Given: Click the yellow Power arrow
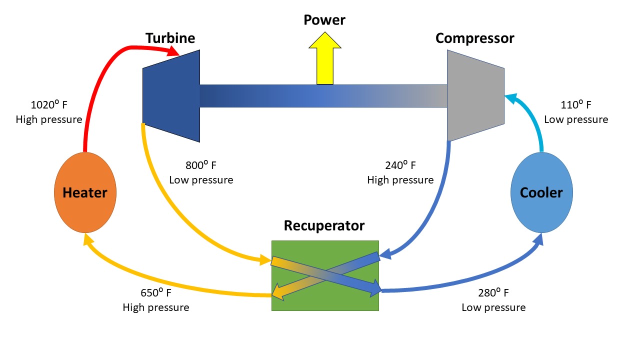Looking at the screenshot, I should [x=325, y=57].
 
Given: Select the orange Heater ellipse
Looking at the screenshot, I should [x=85, y=192].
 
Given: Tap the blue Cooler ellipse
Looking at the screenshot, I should [x=541, y=192].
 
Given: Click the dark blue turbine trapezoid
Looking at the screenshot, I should [x=172, y=95].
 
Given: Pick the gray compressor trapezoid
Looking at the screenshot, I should [x=474, y=95].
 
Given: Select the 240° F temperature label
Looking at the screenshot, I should [x=400, y=165].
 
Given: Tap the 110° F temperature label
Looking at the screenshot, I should [x=575, y=105].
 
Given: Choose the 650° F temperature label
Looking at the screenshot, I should [x=156, y=293].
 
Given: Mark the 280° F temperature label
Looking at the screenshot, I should [x=493, y=293].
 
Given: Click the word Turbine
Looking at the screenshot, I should [x=170, y=38].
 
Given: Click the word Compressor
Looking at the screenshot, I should [x=474, y=38].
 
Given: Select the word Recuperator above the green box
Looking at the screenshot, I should [x=324, y=225].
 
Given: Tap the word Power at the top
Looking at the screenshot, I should [x=324, y=20].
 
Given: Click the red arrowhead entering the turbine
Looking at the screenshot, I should [x=174, y=51].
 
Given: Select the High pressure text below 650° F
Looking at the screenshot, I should [x=156, y=307].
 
